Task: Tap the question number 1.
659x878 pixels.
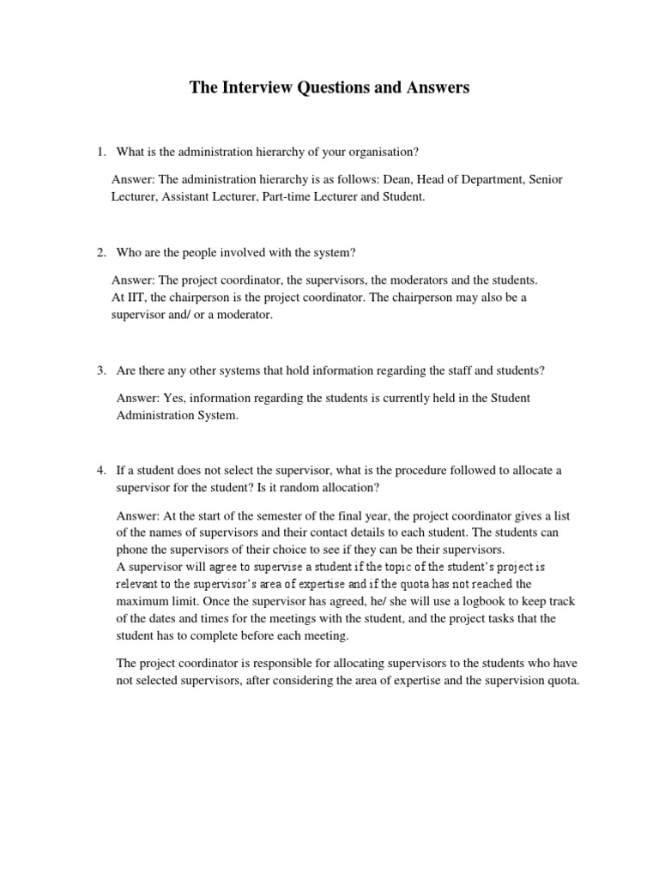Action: [x=100, y=152]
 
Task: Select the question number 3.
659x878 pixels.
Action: [x=100, y=370]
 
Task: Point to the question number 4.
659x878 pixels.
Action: [x=100, y=471]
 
